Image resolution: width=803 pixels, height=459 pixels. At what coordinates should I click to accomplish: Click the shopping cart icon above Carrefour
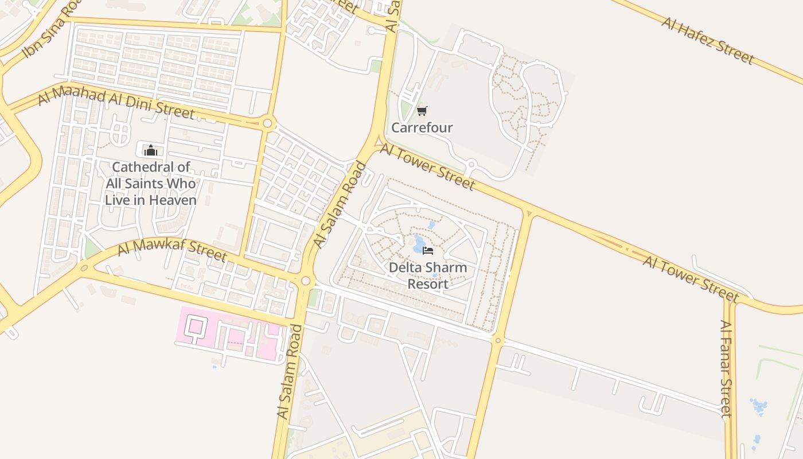click(x=422, y=111)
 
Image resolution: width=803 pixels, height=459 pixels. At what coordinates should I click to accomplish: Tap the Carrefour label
click(x=422, y=127)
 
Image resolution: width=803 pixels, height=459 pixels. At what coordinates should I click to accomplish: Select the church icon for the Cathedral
click(x=151, y=151)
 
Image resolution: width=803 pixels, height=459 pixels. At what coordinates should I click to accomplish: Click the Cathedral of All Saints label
click(x=151, y=184)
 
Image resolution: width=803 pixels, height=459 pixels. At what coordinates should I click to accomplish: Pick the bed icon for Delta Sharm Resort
click(x=428, y=250)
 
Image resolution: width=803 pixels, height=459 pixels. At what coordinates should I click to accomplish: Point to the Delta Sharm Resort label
click(x=428, y=275)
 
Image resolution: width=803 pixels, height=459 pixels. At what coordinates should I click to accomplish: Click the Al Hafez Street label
click(x=707, y=40)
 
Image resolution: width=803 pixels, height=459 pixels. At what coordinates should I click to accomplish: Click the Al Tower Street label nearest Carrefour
click(x=427, y=167)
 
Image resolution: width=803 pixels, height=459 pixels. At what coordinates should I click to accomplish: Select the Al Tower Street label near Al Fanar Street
click(x=691, y=279)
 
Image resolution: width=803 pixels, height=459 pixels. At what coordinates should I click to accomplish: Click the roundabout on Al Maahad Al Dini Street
click(x=267, y=123)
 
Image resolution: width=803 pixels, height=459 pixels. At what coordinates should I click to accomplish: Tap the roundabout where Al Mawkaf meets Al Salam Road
click(x=306, y=281)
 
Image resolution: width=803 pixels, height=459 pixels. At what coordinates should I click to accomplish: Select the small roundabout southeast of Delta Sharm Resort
click(x=497, y=341)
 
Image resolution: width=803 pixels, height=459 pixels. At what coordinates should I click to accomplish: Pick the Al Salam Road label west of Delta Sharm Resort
click(x=340, y=205)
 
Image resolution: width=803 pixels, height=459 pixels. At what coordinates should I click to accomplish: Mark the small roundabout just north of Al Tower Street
click(x=471, y=165)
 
